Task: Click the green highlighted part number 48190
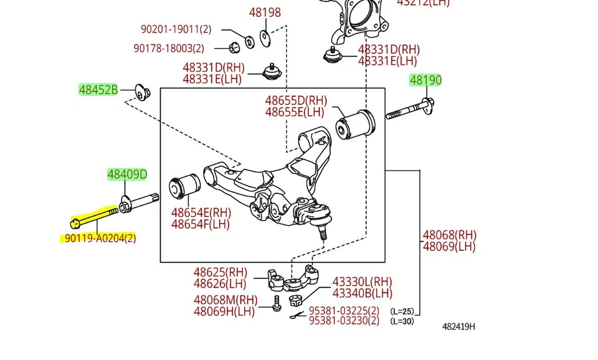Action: tap(425, 80)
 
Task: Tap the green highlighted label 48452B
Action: tap(98, 90)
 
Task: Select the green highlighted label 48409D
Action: tap(127, 174)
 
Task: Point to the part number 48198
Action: tap(265, 12)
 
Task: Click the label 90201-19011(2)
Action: tap(176, 29)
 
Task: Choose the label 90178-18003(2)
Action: tap(169, 49)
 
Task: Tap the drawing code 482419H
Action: tap(458, 326)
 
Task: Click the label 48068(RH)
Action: tap(449, 235)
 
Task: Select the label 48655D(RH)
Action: tap(296, 100)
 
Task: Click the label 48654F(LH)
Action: tap(201, 224)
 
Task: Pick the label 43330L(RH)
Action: tap(362, 282)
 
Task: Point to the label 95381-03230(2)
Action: tap(344, 321)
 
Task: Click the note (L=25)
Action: tap(402, 311)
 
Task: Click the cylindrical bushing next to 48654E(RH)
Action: tap(184, 186)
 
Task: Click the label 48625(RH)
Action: tap(220, 272)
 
